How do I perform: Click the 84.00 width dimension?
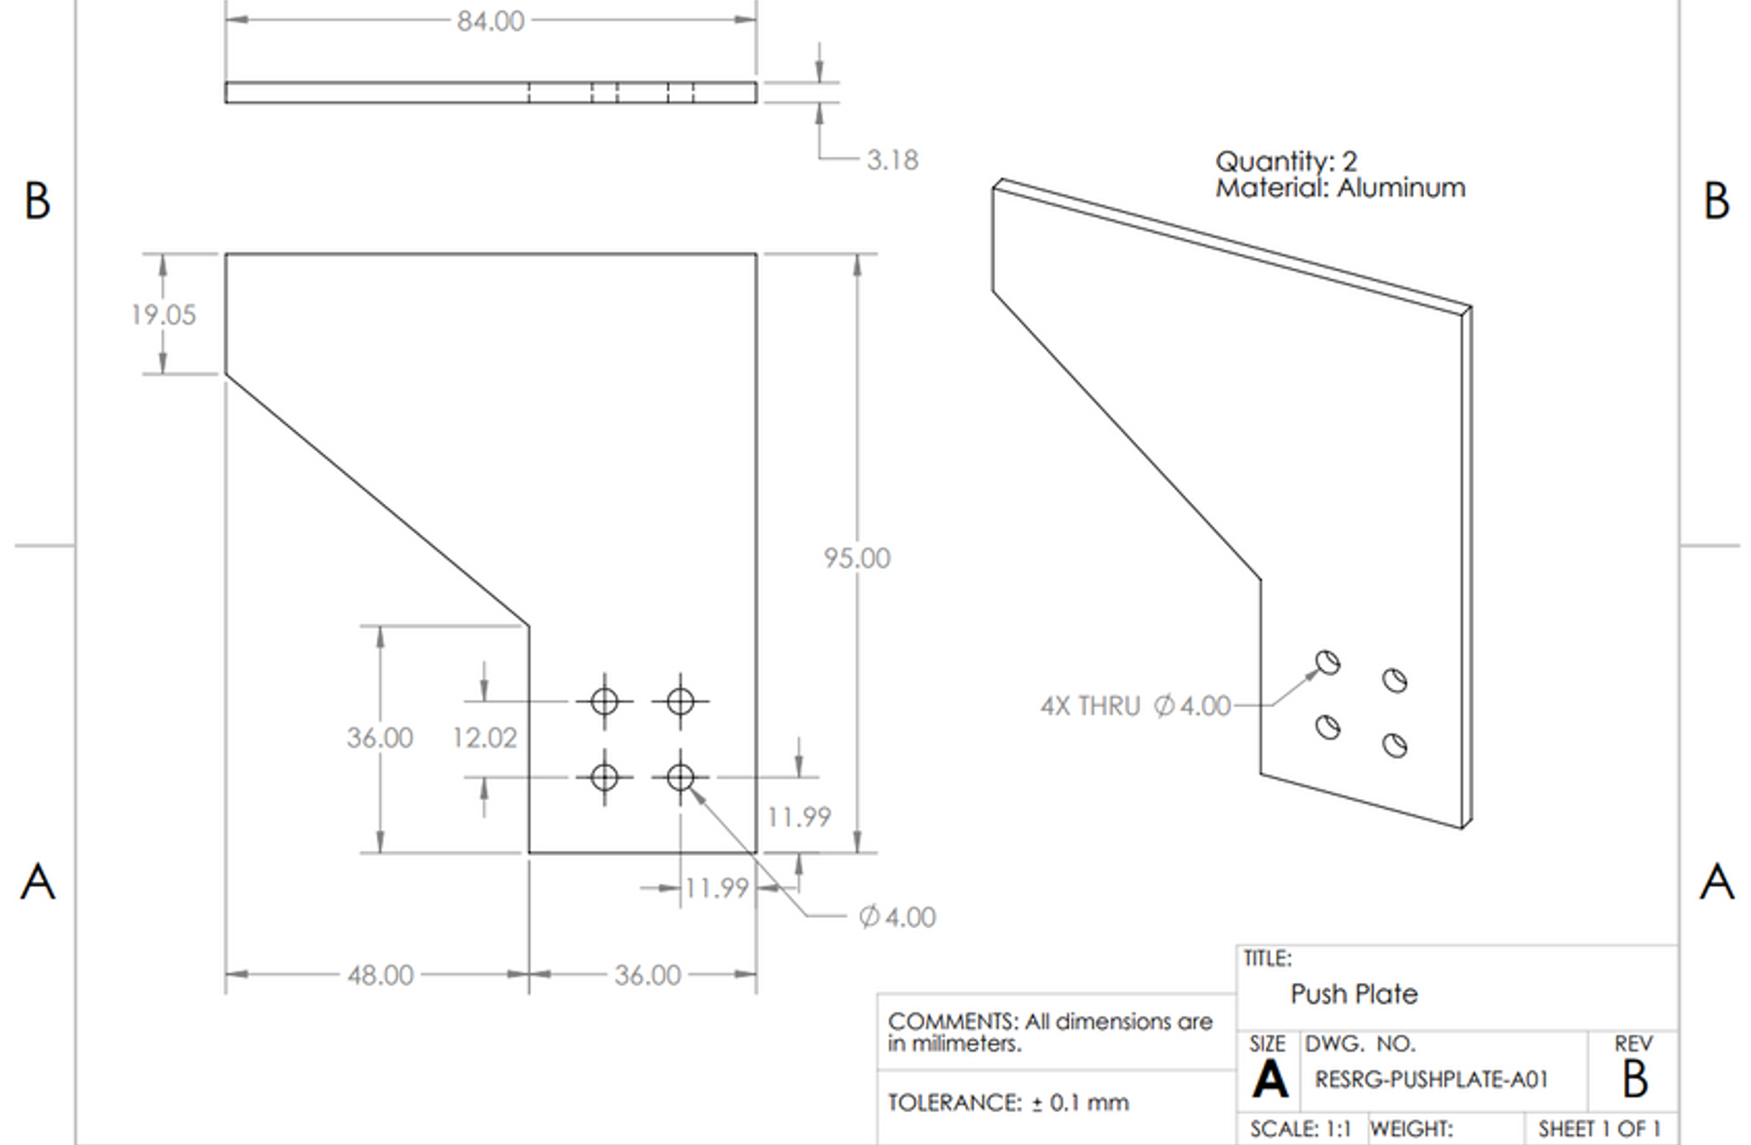(490, 21)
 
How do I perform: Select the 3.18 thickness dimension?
(892, 160)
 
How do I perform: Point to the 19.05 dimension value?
(163, 315)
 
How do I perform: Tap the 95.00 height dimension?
(857, 559)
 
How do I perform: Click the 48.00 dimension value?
(380, 975)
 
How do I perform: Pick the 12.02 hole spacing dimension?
(484, 738)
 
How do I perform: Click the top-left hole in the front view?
(604, 701)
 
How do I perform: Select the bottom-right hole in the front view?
(680, 777)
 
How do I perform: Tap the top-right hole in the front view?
(680, 701)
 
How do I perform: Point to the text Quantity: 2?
(1285, 161)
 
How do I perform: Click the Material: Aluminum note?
(1340, 187)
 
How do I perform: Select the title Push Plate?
(1353, 995)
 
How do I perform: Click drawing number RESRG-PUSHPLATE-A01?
(1431, 1079)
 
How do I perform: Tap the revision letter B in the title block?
(1634, 1079)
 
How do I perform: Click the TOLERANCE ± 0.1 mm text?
(1007, 1102)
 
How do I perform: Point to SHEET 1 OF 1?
(1599, 1129)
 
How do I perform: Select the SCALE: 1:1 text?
(1300, 1129)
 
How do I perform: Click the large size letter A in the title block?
(1269, 1080)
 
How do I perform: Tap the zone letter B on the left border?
(37, 202)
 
